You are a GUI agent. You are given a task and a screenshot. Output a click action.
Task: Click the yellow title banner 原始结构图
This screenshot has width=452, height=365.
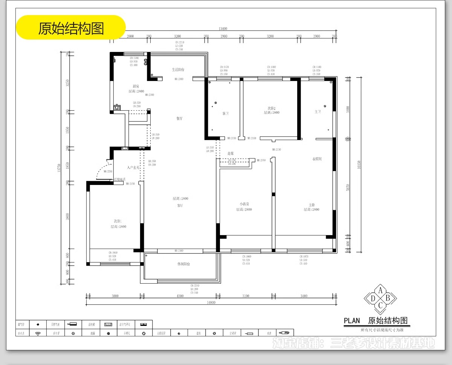pyautogui.click(x=70, y=28)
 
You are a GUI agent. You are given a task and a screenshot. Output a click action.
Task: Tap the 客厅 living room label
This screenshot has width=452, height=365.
pyautogui.click(x=180, y=206)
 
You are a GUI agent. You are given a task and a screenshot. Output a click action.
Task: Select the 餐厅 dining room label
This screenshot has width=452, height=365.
pyautogui.click(x=180, y=118)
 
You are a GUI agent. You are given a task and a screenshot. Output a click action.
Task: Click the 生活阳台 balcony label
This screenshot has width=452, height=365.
pyautogui.click(x=178, y=70)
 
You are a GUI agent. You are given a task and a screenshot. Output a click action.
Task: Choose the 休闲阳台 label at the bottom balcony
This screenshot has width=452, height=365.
pyautogui.click(x=183, y=264)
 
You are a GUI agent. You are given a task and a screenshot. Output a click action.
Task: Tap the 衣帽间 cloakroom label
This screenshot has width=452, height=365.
pyautogui.click(x=317, y=159)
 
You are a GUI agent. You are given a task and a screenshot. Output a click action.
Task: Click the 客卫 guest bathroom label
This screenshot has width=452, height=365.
pyautogui.click(x=226, y=113)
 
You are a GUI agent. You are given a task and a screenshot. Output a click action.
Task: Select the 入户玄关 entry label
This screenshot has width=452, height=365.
pyautogui.click(x=133, y=167)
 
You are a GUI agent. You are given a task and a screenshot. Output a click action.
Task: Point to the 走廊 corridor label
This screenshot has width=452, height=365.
pyautogui.click(x=231, y=153)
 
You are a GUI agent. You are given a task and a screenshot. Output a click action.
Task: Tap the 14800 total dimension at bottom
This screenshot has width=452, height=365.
pyautogui.click(x=211, y=302)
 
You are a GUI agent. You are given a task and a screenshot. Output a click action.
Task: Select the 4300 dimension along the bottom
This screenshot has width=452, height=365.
pyautogui.click(x=180, y=296)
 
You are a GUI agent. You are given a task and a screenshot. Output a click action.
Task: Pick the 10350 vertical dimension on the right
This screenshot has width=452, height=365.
pyautogui.click(x=359, y=164)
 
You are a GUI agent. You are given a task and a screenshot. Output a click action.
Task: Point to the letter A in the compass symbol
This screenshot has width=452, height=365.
pyautogui.click(x=380, y=290)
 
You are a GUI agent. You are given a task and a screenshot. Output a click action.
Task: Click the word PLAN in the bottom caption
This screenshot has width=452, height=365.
pyautogui.click(x=352, y=321)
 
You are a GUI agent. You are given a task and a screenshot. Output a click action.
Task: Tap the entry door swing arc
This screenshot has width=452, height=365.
pyautogui.click(x=101, y=170)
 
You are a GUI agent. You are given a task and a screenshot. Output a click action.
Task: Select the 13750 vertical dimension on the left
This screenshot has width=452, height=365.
pyautogui.click(x=59, y=168)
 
